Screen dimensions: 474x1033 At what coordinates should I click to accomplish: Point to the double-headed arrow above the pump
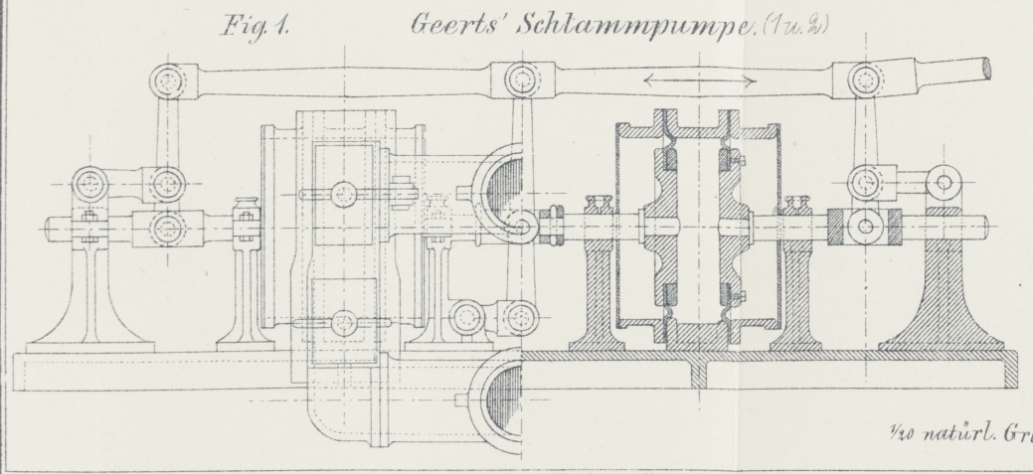coord(700,78)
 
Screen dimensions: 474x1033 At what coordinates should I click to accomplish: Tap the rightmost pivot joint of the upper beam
coord(867,78)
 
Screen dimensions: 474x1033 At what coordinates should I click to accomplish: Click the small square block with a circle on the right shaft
coord(866,226)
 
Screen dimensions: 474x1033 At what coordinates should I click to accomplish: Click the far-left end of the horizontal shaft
coord(48,228)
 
